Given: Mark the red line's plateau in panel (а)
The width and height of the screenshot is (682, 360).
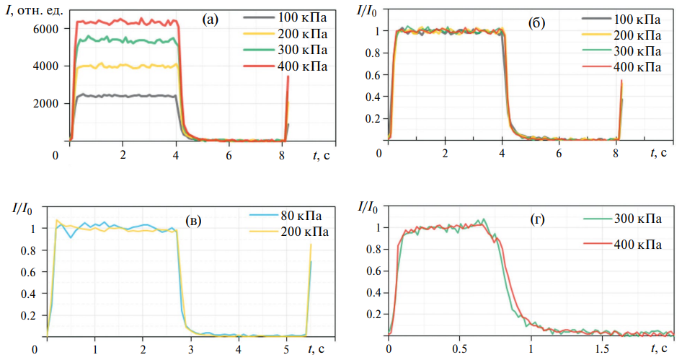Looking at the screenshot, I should (123, 22).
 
